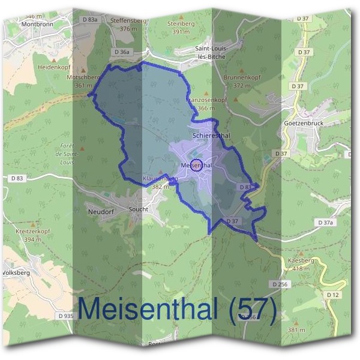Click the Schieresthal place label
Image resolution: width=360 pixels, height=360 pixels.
click(211, 136)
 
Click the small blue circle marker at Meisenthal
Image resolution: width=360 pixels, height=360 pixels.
click(196, 165)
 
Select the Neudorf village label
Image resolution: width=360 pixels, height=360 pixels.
click(101, 212)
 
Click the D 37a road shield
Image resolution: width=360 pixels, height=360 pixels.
click(325, 223)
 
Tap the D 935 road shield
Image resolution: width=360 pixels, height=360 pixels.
click(66, 316)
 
